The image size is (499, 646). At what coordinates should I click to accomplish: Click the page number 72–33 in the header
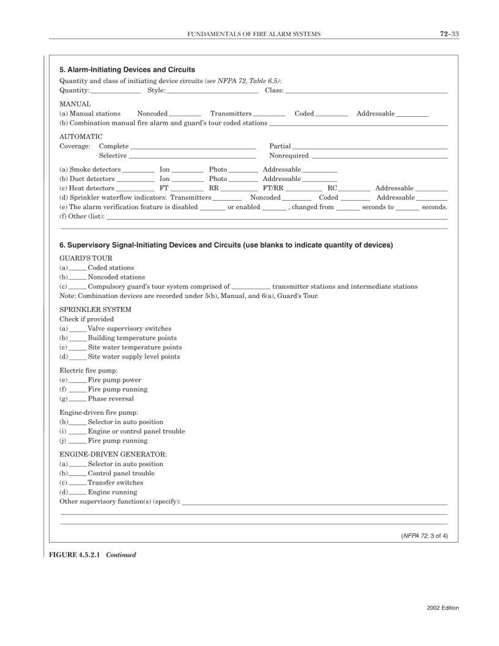pos(449,34)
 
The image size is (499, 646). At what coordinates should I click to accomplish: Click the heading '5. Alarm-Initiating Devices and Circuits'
pos(127,70)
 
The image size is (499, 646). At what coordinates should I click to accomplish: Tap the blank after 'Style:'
pos(212,92)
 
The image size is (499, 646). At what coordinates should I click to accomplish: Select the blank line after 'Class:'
pos(366,92)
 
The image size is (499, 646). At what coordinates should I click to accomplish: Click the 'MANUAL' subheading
pos(75,104)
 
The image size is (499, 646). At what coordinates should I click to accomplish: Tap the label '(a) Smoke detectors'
pos(90,169)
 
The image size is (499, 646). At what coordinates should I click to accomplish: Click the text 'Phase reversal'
pos(111,399)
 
